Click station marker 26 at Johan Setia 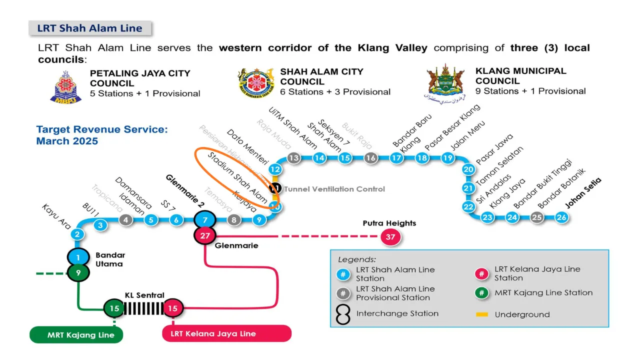click(x=561, y=217)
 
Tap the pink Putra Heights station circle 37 click(x=390, y=237)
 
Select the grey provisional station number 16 click(x=370, y=158)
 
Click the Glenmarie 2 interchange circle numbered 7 click(x=204, y=219)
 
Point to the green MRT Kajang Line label click(x=76, y=334)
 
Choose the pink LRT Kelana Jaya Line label click(x=226, y=333)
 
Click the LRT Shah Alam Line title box click(x=90, y=28)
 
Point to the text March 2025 click(x=67, y=141)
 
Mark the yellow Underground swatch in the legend click(x=482, y=314)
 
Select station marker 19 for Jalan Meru click(x=447, y=158)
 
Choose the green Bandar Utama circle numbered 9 click(x=78, y=273)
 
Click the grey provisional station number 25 click(x=536, y=217)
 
